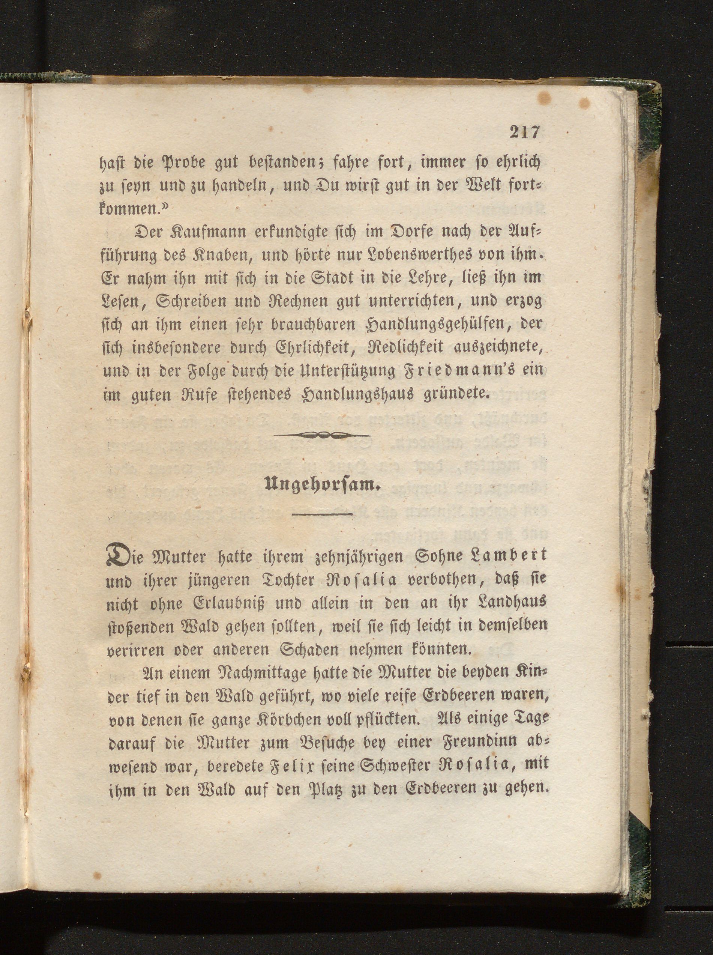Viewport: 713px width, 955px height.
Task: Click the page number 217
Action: (x=524, y=132)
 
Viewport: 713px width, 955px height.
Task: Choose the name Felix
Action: (x=279, y=765)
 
